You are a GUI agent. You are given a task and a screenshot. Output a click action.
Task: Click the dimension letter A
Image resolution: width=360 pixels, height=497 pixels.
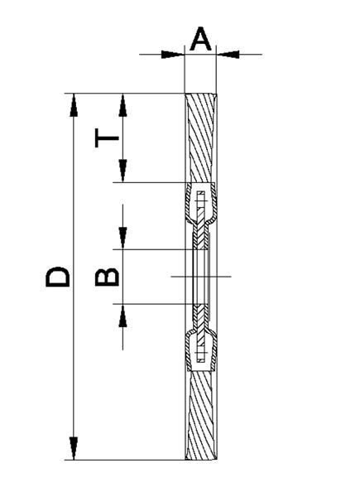point(200,39)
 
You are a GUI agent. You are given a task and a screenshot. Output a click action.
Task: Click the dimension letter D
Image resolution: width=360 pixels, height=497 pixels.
point(57,277)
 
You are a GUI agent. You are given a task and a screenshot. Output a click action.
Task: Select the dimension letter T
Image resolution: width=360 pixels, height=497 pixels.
point(107,138)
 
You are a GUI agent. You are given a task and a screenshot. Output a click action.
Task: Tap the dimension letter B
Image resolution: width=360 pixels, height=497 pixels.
point(107,277)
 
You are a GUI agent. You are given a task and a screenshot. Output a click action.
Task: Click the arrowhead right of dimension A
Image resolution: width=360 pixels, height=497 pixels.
point(228,55)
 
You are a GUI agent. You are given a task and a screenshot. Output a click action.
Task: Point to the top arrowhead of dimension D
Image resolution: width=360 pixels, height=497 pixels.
point(74,105)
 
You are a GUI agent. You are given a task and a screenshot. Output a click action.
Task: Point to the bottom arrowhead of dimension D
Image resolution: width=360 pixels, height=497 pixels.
point(74,448)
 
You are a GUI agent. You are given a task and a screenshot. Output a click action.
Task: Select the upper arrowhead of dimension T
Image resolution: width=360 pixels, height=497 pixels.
point(122,105)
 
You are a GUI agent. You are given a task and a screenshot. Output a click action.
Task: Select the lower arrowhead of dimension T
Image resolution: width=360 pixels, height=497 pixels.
point(122,171)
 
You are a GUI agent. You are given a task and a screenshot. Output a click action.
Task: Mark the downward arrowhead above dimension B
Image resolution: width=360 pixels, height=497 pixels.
point(122,238)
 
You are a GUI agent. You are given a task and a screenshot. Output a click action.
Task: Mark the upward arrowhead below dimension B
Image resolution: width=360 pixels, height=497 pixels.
point(122,316)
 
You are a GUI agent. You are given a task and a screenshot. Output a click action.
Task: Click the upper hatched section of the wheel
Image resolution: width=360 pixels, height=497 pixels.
point(201,138)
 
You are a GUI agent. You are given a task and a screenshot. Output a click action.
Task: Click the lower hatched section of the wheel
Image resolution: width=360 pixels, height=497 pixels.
point(201,416)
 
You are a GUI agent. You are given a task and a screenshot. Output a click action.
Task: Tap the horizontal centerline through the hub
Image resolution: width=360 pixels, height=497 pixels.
point(201,277)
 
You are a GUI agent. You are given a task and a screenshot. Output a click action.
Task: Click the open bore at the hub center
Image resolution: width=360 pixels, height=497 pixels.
point(200,277)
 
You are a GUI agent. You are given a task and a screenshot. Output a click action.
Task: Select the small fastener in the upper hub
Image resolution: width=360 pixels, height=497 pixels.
point(201,200)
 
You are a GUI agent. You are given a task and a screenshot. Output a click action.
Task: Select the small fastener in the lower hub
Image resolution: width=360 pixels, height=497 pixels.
point(201,353)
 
